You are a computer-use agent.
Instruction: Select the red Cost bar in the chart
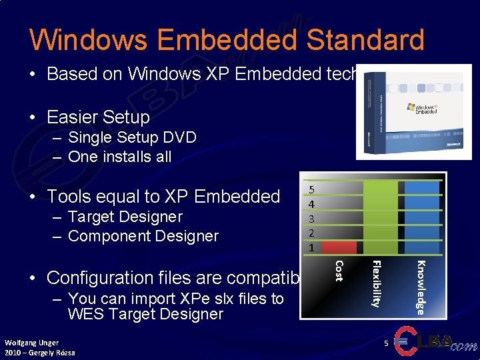(x=339, y=248)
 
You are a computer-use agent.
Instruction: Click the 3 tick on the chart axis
(x=311, y=218)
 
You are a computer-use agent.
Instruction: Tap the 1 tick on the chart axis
(x=311, y=247)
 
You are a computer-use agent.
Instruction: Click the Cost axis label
(x=339, y=270)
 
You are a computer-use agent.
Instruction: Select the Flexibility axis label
(x=376, y=283)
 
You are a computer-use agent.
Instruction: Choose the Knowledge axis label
(x=421, y=286)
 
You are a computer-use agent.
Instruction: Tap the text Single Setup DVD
(x=132, y=137)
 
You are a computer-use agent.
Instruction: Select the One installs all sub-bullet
(x=119, y=157)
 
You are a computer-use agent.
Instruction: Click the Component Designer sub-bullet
(x=143, y=236)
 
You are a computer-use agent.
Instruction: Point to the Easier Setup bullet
(x=98, y=117)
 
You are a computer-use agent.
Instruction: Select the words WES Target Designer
(x=145, y=314)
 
